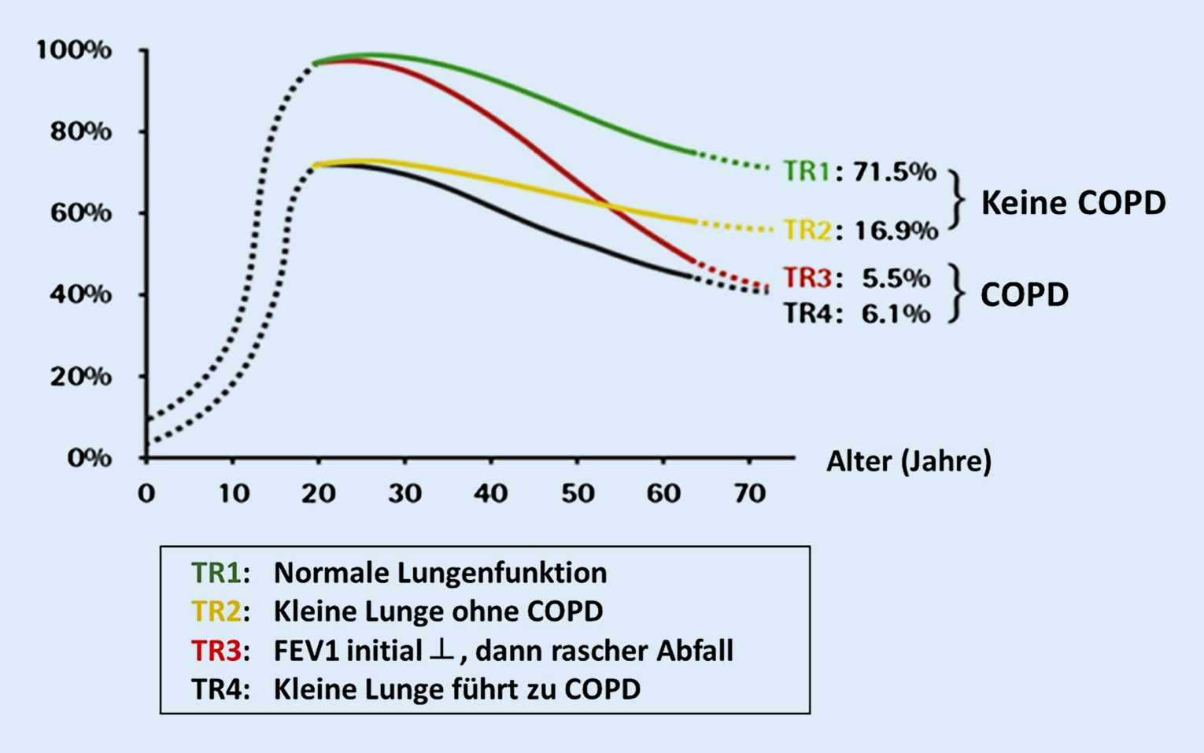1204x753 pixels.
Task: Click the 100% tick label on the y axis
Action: pyautogui.click(x=73, y=50)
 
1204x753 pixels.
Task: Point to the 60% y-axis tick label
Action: pyautogui.click(x=79, y=213)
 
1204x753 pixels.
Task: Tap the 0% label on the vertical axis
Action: pyautogui.click(x=88, y=458)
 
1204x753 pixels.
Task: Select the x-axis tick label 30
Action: pyautogui.click(x=404, y=493)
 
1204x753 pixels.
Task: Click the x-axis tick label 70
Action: pyautogui.click(x=749, y=493)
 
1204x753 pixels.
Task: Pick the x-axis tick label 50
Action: pyautogui.click(x=577, y=493)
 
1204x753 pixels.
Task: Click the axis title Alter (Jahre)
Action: pyautogui.click(x=908, y=461)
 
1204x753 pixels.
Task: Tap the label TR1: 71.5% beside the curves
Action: pyautogui.click(x=859, y=172)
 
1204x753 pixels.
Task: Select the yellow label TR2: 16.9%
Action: pyautogui.click(x=861, y=231)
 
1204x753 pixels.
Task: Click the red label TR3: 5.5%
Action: pyautogui.click(x=856, y=278)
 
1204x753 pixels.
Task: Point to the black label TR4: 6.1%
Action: pyautogui.click(x=856, y=314)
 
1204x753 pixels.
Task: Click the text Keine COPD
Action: pyautogui.click(x=1073, y=203)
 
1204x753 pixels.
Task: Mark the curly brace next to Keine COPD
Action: pyautogui.click(x=956, y=200)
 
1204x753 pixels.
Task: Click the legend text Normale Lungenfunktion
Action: pyautogui.click(x=440, y=573)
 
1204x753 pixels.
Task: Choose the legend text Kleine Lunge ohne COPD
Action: pyautogui.click(x=438, y=611)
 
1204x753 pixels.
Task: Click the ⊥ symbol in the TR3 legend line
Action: pyautogui.click(x=441, y=650)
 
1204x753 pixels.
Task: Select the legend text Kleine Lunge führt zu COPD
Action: pyautogui.click(x=456, y=689)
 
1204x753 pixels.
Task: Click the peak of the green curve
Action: pyautogui.click(x=374, y=55)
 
